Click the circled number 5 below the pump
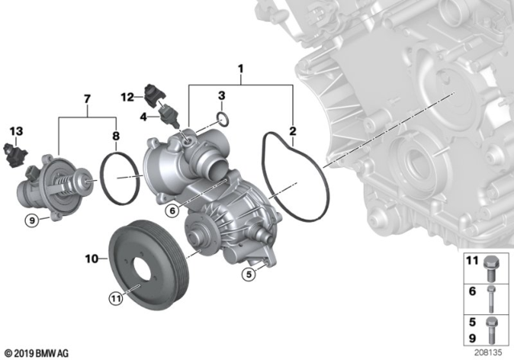(247, 275)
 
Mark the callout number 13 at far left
(16, 131)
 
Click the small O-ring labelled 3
(227, 121)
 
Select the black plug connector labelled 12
(156, 92)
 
